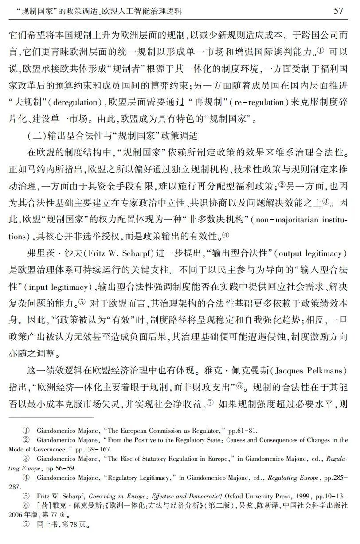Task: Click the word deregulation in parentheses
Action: (x=71, y=103)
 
